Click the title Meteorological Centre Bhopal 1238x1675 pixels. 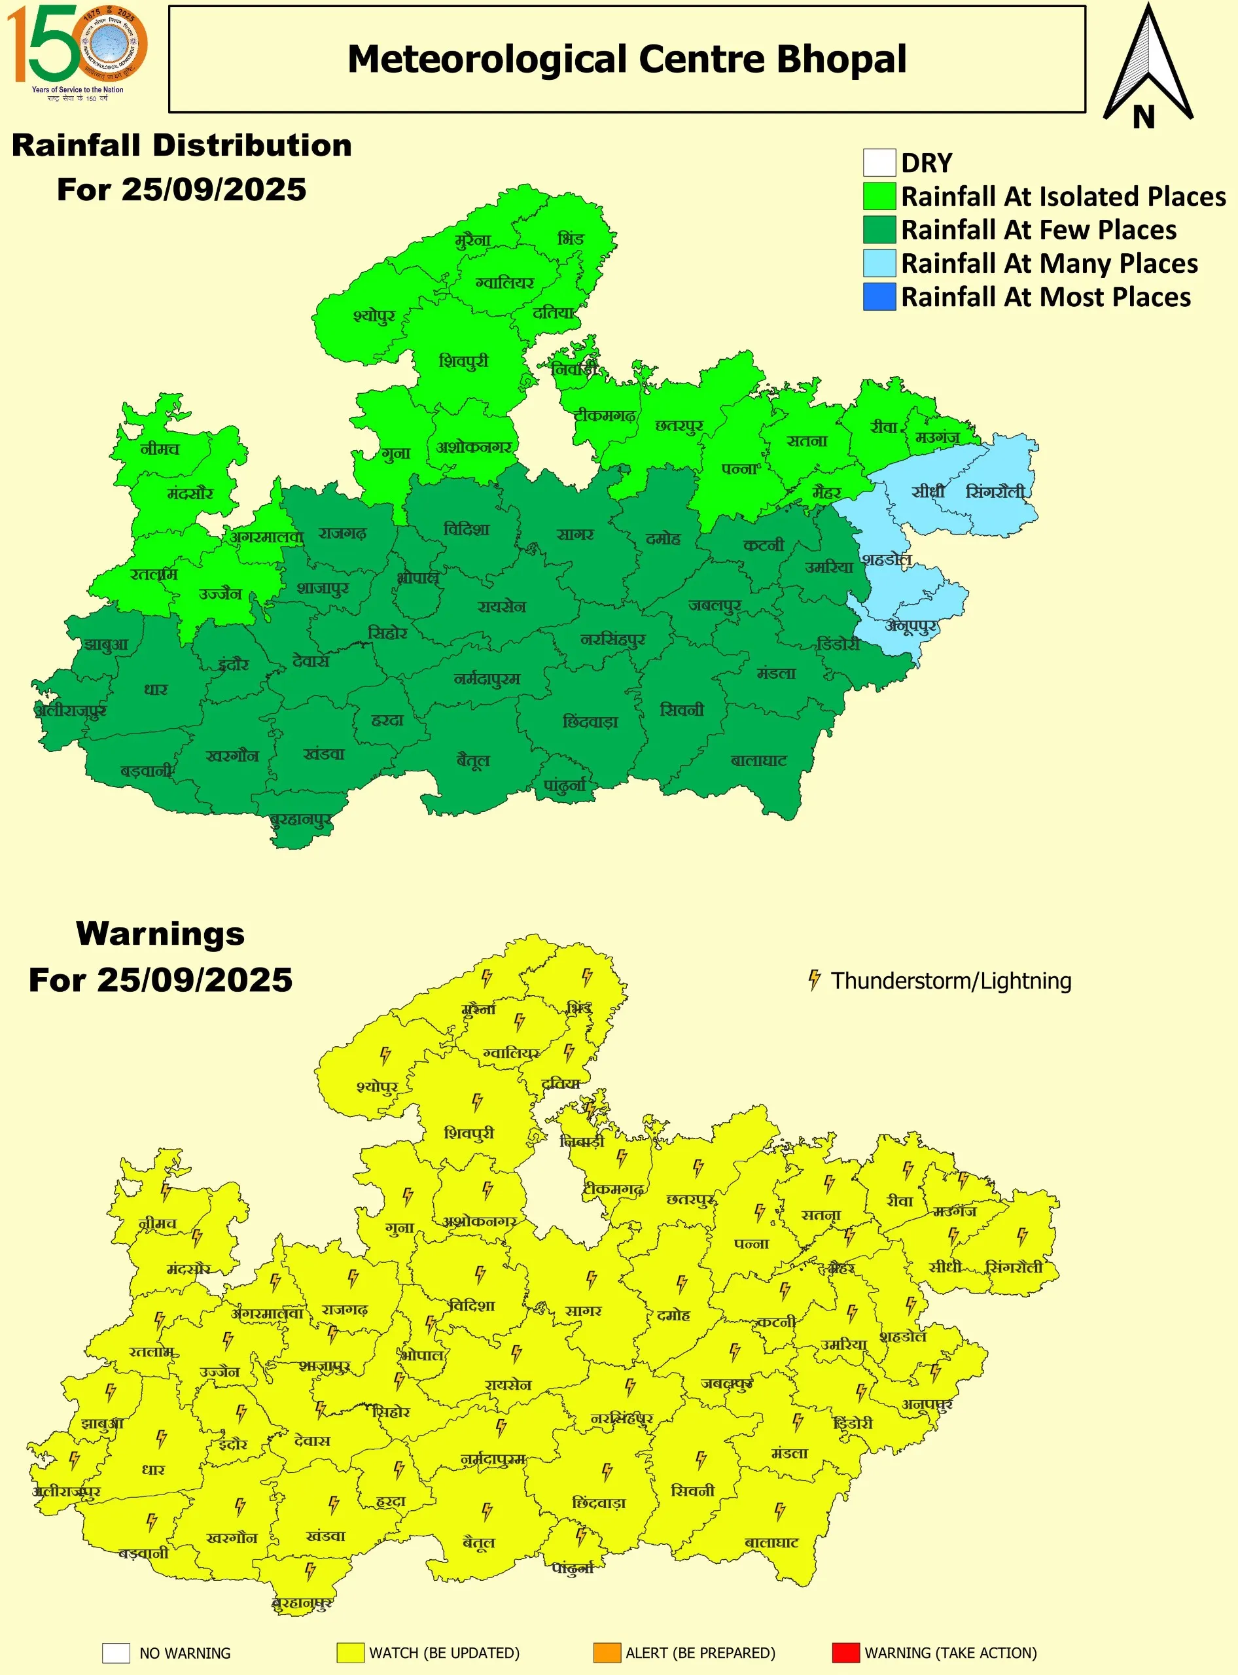pos(626,59)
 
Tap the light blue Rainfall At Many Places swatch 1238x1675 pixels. pos(879,263)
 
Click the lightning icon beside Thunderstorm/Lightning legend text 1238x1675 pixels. pos(814,980)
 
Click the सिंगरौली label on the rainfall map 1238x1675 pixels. pos(995,493)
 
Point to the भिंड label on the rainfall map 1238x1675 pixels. pos(571,239)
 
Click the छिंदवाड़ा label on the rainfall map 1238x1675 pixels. pos(590,722)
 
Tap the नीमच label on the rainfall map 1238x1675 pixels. pos(160,449)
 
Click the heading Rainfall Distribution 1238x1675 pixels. pos(181,145)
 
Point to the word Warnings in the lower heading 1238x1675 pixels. pos(160,934)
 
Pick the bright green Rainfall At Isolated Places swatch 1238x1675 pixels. pos(879,196)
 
